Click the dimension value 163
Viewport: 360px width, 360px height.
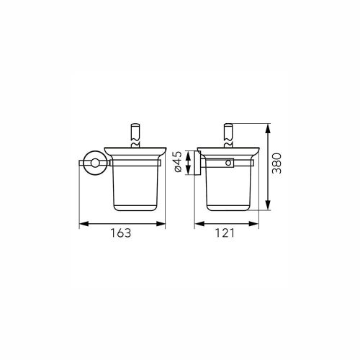123,233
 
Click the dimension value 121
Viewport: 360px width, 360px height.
228,233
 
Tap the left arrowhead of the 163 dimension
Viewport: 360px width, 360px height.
80,222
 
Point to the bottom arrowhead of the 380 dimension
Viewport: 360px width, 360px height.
268,209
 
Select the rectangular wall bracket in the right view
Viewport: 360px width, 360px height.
194,163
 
